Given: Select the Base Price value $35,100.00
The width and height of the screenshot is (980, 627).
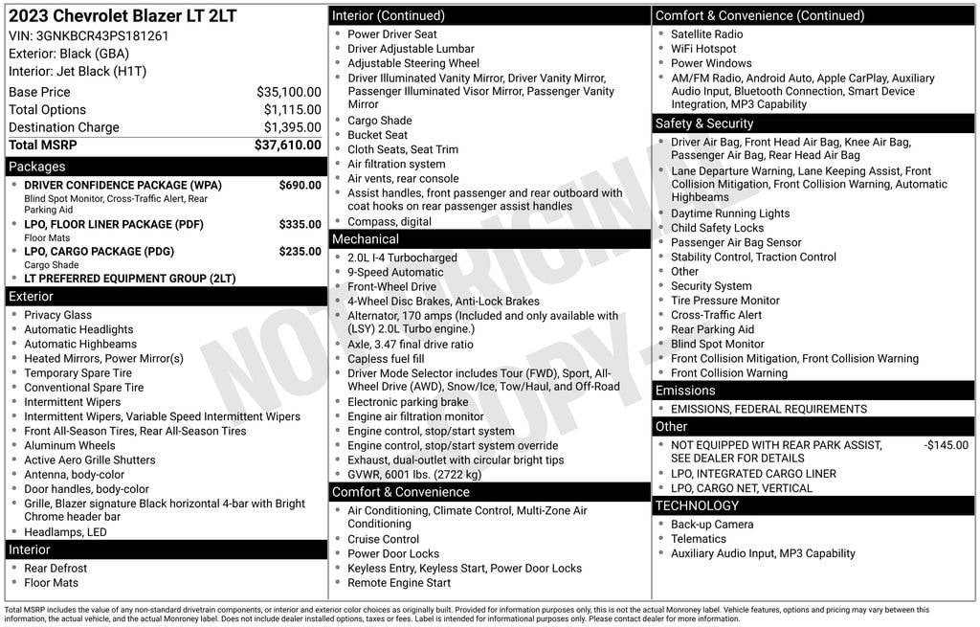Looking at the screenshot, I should pos(288,93).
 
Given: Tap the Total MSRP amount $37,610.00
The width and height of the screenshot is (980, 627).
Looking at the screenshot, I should pos(287,146).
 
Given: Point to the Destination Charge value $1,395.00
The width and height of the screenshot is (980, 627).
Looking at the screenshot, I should pos(292,127).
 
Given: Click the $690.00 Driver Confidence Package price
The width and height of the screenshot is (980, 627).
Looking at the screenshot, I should pos(300,185).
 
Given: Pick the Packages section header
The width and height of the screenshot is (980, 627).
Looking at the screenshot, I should pos(37,167).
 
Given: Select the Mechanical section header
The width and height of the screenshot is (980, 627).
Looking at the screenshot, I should pos(366,239).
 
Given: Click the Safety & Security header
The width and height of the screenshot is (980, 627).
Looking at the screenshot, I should pos(704,123).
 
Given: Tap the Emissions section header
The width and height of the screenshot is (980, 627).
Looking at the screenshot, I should pos(685,391).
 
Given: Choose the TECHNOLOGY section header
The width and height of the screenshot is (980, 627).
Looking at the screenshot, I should pos(698,505).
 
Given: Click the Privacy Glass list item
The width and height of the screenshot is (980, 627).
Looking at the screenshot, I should pos(58,315).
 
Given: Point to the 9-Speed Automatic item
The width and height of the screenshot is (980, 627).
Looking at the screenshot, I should pos(395,273).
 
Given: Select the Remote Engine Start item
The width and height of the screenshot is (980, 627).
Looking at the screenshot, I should pos(399,583).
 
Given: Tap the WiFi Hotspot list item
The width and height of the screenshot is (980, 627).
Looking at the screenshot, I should pos(703,49).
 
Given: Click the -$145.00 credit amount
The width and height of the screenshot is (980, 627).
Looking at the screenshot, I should pos(946,445).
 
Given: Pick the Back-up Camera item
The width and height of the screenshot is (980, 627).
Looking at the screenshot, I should pos(712,525).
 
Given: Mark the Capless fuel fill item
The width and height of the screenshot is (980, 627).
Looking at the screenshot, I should pos(386,359).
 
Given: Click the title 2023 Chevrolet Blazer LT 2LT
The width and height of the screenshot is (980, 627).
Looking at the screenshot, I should pos(122,16).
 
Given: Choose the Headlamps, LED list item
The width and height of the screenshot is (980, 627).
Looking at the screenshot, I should pos(65,532).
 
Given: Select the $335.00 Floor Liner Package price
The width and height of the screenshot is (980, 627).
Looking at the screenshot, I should pos(300,225).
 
